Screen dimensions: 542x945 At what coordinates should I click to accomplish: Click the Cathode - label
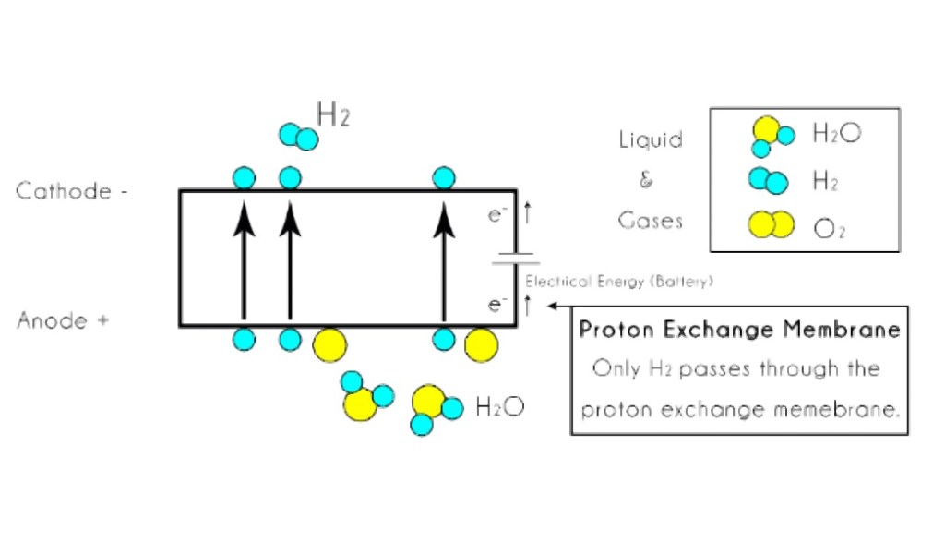pyautogui.click(x=71, y=192)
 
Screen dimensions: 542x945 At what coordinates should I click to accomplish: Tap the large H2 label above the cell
pyautogui.click(x=333, y=115)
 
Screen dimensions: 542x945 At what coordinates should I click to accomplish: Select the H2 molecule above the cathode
pyautogui.click(x=298, y=137)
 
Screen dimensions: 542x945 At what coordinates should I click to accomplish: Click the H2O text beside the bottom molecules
pyautogui.click(x=499, y=406)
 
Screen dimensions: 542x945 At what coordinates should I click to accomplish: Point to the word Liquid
pyautogui.click(x=651, y=140)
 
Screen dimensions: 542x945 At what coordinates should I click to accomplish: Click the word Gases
pyautogui.click(x=651, y=221)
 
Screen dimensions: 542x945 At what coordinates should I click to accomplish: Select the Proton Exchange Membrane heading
pyautogui.click(x=739, y=330)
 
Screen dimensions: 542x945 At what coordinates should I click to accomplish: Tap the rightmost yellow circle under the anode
pyautogui.click(x=481, y=345)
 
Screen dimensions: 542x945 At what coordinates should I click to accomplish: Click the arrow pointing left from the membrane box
pyautogui.click(x=559, y=305)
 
